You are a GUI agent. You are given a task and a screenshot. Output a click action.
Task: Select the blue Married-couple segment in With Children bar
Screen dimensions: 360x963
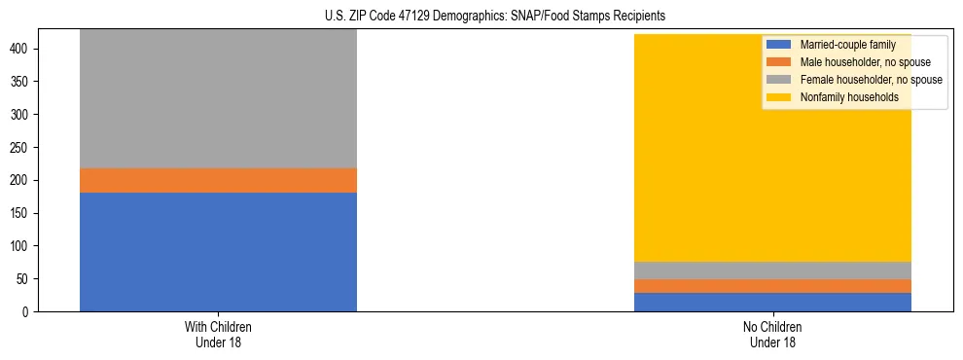[x=218, y=252]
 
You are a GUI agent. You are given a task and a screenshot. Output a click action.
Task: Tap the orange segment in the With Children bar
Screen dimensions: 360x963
[x=218, y=180]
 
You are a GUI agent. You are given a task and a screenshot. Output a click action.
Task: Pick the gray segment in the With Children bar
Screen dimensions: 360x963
[x=218, y=98]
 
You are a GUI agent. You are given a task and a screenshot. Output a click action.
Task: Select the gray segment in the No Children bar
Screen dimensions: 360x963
[x=772, y=270]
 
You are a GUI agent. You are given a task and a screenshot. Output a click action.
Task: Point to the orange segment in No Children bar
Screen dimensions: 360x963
[x=772, y=286]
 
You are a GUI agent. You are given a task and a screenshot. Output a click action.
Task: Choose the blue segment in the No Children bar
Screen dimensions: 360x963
[x=772, y=302]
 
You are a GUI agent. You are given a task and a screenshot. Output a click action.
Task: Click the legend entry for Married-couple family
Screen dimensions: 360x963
[x=842, y=45]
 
